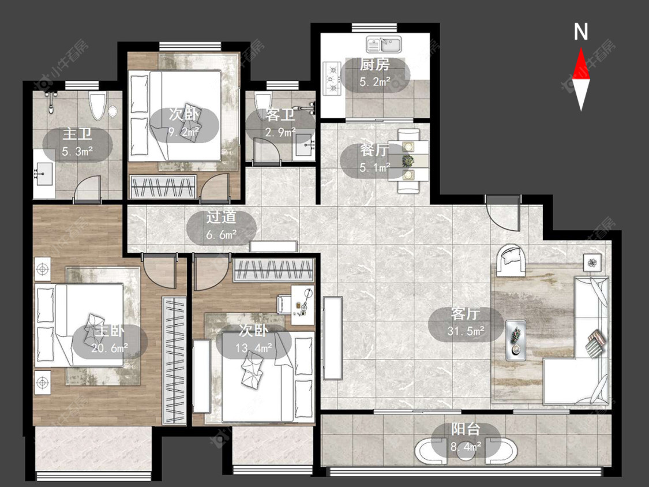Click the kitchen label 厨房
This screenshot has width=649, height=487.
click(x=374, y=65)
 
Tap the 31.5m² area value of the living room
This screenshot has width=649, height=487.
click(x=466, y=331)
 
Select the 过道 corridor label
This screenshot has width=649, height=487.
click(x=222, y=217)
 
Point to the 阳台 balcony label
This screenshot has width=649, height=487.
click(x=466, y=429)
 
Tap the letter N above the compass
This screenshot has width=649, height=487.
click(x=581, y=32)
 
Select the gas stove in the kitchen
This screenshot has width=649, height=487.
click(x=332, y=78)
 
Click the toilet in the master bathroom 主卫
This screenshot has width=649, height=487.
click(x=97, y=106)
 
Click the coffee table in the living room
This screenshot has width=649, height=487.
click(x=516, y=340)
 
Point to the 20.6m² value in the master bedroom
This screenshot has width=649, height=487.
click(x=110, y=349)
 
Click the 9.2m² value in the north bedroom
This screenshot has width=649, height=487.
click(x=184, y=133)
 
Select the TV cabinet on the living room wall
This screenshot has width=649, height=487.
click(x=333, y=338)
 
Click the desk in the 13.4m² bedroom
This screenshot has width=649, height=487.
click(x=302, y=305)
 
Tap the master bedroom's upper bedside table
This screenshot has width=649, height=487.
click(x=42, y=269)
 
